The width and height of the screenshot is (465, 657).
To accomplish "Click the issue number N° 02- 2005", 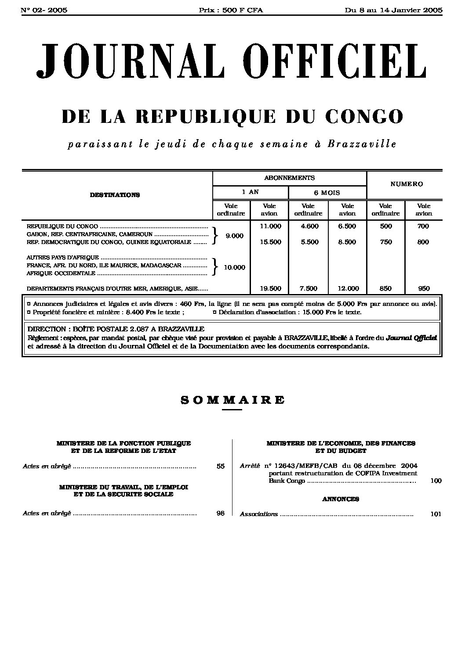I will [44, 10].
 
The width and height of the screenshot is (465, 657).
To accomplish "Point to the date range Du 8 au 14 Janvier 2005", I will [393, 10].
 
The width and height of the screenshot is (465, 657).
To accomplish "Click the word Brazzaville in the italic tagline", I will [362, 144].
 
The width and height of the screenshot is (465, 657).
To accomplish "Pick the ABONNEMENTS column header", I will [289, 178].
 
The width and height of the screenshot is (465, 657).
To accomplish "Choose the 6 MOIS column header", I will [327, 192].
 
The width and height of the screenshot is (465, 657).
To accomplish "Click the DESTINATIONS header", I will [115, 195].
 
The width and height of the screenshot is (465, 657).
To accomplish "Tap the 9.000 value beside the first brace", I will [234, 236].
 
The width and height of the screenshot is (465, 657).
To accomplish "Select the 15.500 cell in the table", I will [270, 242].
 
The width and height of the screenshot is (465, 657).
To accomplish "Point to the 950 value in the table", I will [424, 288].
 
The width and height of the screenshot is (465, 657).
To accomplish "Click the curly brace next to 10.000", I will [214, 266].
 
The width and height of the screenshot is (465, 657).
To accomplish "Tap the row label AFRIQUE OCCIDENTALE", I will [61, 273].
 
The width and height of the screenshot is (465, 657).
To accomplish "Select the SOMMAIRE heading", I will [232, 400].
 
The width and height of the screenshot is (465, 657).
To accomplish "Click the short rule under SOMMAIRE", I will [232, 409].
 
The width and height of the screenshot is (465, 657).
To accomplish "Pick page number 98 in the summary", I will [220, 513].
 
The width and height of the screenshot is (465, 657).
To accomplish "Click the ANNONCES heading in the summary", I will [341, 499].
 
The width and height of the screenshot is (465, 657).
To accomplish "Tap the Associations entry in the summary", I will [259, 514].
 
